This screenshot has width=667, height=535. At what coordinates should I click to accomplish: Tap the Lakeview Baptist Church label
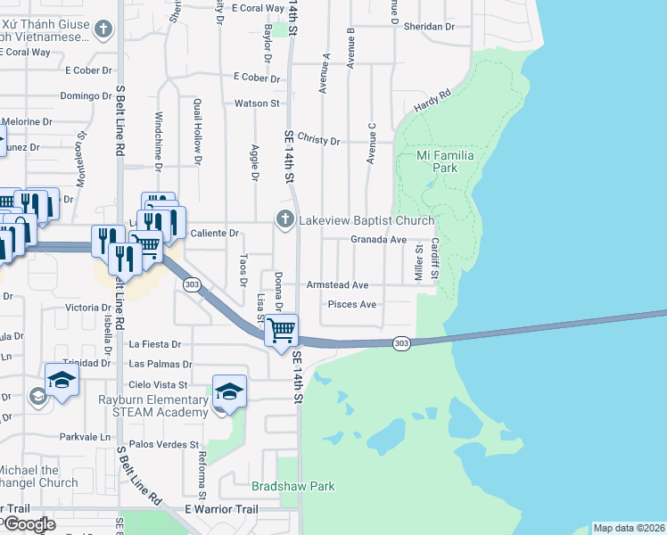(366, 220)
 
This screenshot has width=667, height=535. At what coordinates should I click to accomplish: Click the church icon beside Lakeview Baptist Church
(285, 219)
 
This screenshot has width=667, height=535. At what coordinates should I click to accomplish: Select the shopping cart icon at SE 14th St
(282, 331)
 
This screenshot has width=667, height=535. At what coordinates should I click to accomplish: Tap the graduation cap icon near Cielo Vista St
(229, 391)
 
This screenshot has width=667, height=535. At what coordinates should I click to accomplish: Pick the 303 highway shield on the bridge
(402, 342)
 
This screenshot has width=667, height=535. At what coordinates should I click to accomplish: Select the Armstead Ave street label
(337, 285)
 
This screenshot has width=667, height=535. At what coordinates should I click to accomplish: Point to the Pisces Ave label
(352, 304)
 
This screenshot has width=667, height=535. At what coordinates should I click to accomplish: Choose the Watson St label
(257, 103)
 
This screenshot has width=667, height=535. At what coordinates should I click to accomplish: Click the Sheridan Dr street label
(430, 27)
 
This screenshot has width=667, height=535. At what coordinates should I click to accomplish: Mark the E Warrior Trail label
(220, 509)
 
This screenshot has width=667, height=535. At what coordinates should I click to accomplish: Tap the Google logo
(29, 524)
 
